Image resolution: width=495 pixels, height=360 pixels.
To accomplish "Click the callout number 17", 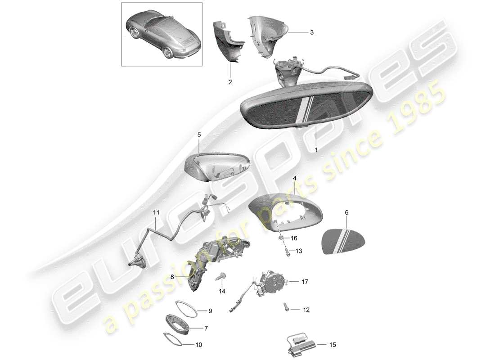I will (x=305, y=282).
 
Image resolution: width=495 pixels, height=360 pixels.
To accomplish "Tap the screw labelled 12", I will (x=286, y=306).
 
